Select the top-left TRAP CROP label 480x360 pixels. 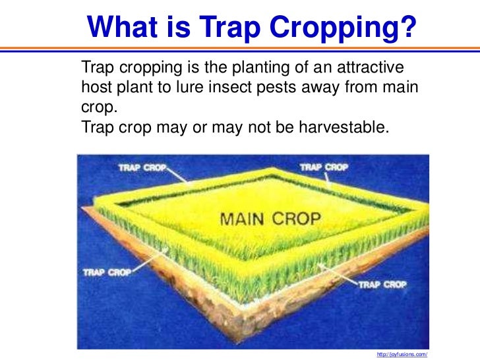pos(142,167)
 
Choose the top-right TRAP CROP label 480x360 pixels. pos(324,167)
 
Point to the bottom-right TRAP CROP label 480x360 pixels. pos(383,284)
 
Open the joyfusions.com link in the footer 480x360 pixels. pos(402,354)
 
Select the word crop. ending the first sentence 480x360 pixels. pos(95,106)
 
